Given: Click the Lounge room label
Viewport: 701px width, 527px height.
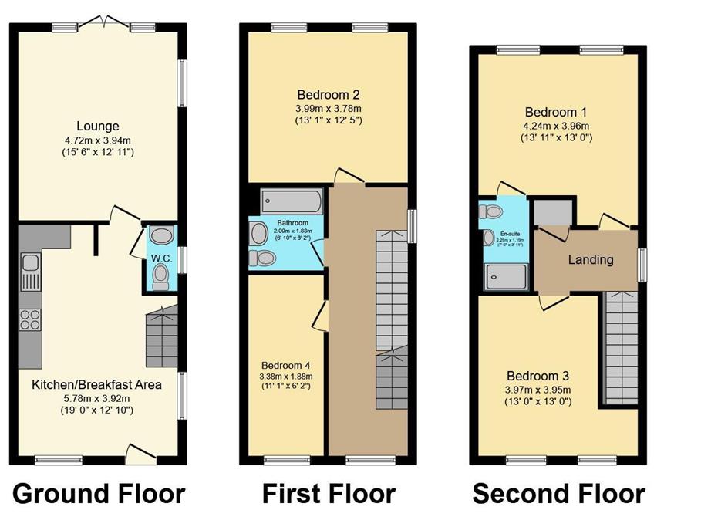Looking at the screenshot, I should click(97, 127).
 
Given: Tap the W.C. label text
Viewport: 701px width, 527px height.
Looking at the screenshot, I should click(160, 258).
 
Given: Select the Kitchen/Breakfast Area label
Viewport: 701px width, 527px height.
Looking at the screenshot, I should click(97, 384).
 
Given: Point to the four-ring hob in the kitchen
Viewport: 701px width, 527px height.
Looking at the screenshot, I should click(30, 319).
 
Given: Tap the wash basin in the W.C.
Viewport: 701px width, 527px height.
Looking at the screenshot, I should click(161, 235).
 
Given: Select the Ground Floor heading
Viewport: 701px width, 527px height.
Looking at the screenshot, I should click(99, 493).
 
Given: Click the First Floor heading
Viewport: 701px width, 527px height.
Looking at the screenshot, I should click(329, 493).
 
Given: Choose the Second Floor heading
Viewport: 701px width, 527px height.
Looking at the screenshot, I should click(558, 493).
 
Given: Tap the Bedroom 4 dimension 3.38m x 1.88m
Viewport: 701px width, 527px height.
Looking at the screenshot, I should click(285, 377).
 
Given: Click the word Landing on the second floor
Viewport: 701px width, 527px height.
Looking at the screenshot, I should click(591, 259).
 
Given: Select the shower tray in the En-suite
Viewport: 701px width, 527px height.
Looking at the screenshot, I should click(505, 275).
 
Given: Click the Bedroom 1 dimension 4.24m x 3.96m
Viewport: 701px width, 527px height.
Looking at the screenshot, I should click(556, 126).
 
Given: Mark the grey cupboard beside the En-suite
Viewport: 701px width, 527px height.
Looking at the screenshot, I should click(553, 211).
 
